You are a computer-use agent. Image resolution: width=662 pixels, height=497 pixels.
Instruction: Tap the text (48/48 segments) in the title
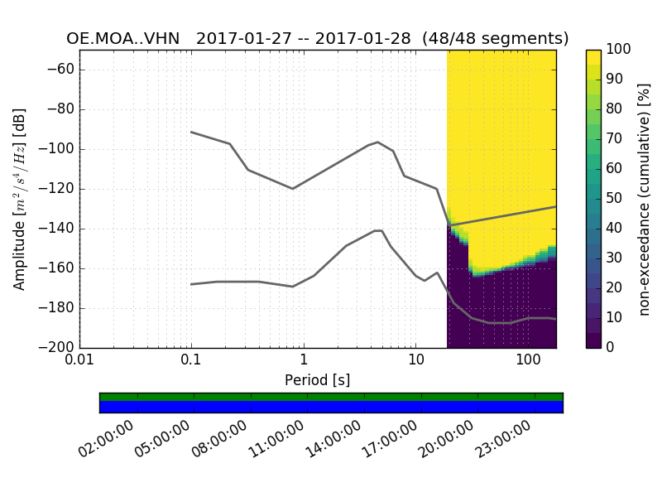point(495,39)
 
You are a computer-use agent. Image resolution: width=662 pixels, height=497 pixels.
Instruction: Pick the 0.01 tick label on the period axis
point(79,361)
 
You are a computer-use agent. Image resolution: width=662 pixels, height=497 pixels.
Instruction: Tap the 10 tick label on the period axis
point(415,361)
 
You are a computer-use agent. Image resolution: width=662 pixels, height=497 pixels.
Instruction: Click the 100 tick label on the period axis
point(527,361)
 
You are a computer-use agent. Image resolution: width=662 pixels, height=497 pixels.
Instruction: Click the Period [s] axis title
point(317,380)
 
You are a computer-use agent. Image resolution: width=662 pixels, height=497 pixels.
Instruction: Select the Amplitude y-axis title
point(20,199)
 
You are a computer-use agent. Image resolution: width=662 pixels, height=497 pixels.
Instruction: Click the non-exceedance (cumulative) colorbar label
point(645,199)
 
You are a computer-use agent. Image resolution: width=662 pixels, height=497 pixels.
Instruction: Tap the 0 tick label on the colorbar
point(611,348)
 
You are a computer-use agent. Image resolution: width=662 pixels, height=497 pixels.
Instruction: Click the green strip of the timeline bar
point(331,397)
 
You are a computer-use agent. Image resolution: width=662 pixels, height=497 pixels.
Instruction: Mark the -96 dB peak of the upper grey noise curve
point(378,142)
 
